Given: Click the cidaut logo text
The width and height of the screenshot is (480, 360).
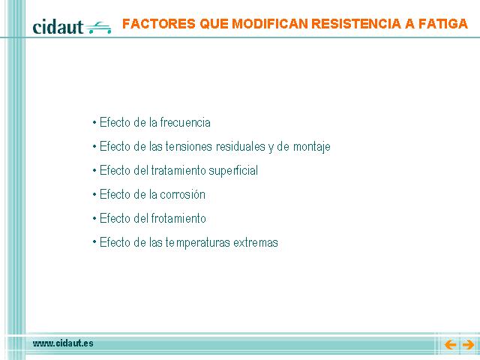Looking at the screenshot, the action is [58, 27].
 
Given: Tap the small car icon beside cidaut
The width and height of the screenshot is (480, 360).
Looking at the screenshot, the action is [98, 28].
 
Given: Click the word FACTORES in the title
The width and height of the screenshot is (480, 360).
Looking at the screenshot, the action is [158, 23].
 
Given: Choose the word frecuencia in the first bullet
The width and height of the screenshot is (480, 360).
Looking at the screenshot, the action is [185, 122].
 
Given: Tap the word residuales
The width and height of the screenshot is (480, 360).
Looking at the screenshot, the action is [241, 146].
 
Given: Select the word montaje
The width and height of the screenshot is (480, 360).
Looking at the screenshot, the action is [312, 147].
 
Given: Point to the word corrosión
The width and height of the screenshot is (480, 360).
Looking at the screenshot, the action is [182, 194].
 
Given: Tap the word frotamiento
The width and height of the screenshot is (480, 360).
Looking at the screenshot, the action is [178, 218].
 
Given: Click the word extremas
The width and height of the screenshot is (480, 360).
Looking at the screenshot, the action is [256, 242].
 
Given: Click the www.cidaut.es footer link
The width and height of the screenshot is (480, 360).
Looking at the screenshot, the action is [63, 343].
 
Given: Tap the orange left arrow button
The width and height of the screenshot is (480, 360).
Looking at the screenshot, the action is [450, 345].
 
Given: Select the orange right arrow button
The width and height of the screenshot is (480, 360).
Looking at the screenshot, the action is [468, 345].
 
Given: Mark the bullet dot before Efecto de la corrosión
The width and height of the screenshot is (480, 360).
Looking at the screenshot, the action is [94, 195].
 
